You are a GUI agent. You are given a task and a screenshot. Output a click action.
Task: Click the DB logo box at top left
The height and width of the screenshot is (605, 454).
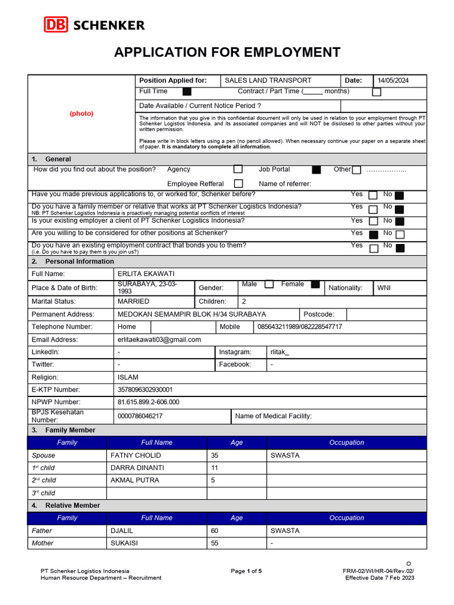point(56,25)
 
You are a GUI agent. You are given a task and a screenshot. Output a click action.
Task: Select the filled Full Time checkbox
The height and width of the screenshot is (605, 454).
point(187,92)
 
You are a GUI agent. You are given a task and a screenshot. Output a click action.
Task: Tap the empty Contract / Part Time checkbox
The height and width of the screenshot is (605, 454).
point(377,92)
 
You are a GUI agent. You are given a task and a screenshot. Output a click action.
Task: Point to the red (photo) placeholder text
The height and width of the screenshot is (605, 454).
point(82,113)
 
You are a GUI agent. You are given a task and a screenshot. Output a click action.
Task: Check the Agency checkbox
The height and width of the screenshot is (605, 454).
point(238,170)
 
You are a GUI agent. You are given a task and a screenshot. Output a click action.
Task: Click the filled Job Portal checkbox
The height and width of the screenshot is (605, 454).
point(316,170)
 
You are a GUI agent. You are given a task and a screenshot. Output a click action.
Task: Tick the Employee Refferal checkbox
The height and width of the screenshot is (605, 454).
point(238,184)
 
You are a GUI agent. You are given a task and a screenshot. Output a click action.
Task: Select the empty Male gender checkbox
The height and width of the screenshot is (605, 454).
point(269,284)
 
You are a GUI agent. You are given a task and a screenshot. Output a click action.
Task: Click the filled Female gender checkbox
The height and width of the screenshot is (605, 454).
point(315,284)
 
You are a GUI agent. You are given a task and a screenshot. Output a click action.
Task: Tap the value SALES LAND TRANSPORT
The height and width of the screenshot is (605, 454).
point(268,81)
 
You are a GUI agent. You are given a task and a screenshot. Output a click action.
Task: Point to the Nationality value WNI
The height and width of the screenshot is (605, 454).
point(384,288)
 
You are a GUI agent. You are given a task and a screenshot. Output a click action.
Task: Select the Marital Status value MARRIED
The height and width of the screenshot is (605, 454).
point(134,301)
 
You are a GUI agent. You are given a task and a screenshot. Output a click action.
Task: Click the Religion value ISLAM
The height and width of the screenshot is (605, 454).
point(128,377)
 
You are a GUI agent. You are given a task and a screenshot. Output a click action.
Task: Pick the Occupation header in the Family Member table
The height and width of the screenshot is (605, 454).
point(346,443)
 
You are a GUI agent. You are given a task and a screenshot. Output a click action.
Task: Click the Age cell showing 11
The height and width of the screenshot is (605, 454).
point(215,468)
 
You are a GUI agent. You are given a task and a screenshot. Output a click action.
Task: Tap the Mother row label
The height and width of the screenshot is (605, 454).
point(43,543)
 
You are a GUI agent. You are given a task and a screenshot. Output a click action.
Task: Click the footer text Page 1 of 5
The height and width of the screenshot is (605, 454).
point(246,571)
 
